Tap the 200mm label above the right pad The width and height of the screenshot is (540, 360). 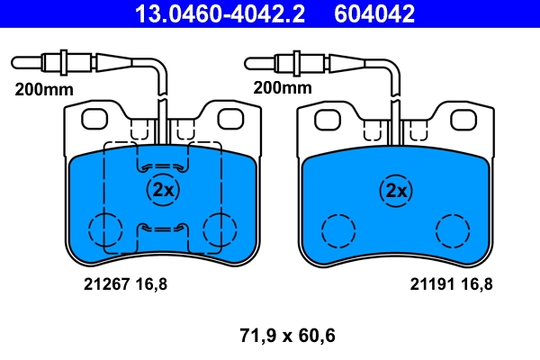[x=282, y=89]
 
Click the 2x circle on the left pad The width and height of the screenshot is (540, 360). [x=163, y=190]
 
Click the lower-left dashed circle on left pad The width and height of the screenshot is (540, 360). [x=105, y=229]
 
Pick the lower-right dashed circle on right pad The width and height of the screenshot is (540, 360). [x=452, y=230]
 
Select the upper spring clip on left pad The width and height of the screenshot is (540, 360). [x=163, y=166]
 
